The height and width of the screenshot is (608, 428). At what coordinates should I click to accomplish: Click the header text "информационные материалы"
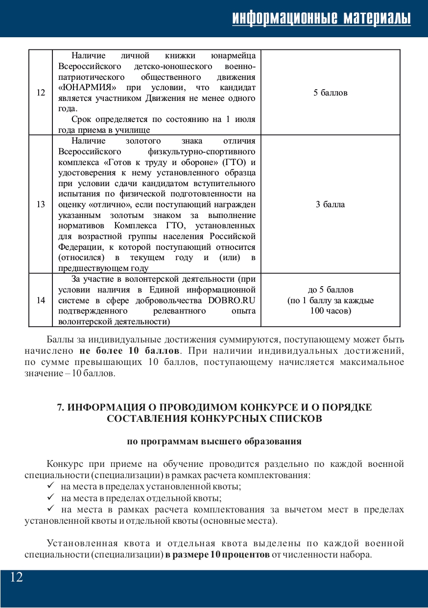[321, 18]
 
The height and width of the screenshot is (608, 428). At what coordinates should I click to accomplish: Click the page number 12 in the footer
[16, 577]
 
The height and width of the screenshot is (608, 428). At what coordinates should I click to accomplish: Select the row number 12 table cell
[41, 92]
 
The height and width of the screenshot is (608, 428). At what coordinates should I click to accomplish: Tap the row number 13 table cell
[41, 204]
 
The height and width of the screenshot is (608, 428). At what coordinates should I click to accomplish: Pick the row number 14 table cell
[41, 300]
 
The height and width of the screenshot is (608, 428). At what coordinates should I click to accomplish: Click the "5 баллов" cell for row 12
[330, 92]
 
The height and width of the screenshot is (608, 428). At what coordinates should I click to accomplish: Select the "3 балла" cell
[330, 204]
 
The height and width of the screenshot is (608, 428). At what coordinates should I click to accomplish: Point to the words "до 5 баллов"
[330, 290]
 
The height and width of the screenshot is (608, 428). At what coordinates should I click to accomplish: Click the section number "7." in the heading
[61, 408]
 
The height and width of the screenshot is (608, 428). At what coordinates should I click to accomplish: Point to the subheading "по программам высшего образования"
[214, 441]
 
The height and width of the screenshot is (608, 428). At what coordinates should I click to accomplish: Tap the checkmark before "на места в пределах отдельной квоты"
[50, 498]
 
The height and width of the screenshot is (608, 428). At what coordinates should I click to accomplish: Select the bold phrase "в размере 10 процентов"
[217, 555]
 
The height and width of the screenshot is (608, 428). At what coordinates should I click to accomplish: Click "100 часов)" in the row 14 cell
[330, 311]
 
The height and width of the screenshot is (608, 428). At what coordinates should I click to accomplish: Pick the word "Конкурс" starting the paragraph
[65, 464]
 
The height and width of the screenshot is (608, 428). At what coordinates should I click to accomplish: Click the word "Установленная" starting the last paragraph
[81, 543]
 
